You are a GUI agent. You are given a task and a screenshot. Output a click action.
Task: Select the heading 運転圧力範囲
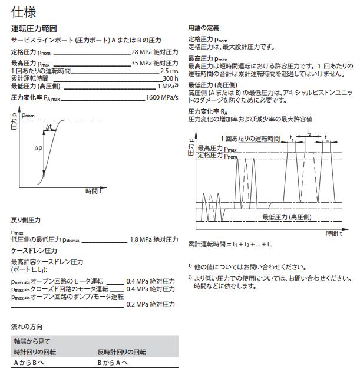click(x=34, y=28)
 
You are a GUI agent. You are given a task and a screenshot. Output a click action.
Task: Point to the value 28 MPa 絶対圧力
click(x=154, y=52)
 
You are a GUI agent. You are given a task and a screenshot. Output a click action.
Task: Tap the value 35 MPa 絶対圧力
click(x=154, y=63)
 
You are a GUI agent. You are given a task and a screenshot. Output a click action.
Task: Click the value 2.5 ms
click(x=169, y=71)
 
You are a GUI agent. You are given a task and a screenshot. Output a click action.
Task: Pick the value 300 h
click(x=170, y=78)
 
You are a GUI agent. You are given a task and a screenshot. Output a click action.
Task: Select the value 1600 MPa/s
click(x=162, y=97)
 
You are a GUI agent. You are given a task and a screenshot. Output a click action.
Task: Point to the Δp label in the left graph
click(x=38, y=149)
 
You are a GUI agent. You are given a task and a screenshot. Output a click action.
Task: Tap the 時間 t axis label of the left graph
click(x=93, y=191)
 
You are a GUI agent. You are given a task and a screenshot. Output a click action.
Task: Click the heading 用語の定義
click(x=203, y=28)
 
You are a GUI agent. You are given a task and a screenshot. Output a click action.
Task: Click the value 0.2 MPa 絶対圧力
click(x=152, y=304)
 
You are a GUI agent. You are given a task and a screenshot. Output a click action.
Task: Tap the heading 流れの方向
click(x=27, y=326)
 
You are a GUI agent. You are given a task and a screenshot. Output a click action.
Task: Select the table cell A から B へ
click(x=29, y=363)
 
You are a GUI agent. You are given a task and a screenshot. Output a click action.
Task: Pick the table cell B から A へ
click(x=113, y=363)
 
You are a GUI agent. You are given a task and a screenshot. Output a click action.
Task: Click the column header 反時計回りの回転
click(x=121, y=352)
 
